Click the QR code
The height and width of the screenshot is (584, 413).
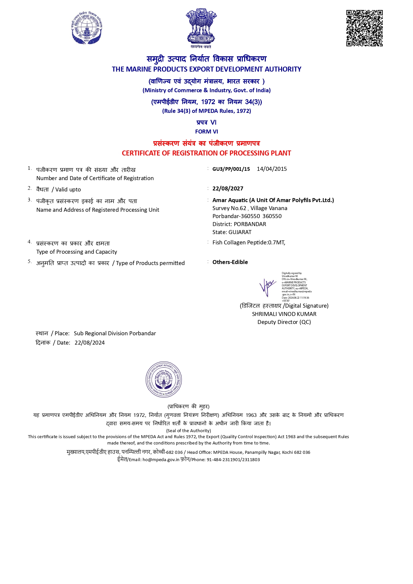(x=364, y=28)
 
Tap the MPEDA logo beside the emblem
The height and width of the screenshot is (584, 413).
(x=87, y=28)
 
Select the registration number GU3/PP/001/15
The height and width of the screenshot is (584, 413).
(x=231, y=169)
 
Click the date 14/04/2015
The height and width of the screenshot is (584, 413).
(x=272, y=169)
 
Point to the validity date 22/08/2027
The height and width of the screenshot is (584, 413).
(x=228, y=188)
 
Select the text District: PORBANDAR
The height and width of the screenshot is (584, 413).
(x=239, y=224)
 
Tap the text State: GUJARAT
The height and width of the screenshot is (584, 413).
(x=232, y=232)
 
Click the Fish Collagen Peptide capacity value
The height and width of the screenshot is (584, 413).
(x=249, y=242)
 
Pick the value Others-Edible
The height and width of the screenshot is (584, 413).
(x=230, y=262)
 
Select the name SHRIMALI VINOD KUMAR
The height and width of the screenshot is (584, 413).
(x=284, y=314)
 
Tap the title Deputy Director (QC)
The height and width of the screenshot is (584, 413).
(x=284, y=322)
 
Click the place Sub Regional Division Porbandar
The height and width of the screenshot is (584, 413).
(x=115, y=333)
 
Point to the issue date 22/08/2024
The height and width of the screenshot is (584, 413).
(x=90, y=343)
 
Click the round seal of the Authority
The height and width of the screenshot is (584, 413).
(x=164, y=380)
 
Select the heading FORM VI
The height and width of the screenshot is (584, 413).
(x=206, y=132)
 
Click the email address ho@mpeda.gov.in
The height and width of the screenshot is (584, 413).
(x=161, y=460)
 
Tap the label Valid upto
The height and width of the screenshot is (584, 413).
(x=68, y=189)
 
